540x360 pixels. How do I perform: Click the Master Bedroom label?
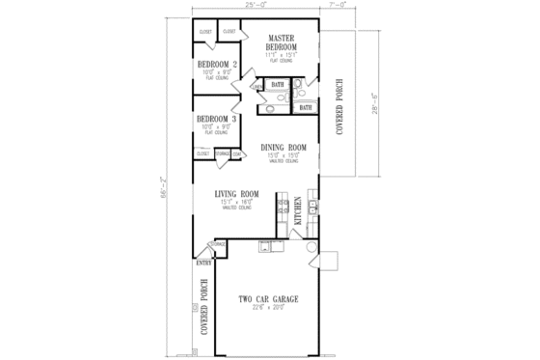pyautogui.click(x=282, y=42)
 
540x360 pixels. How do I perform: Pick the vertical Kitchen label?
pyautogui.click(x=298, y=210)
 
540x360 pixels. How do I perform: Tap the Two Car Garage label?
pyautogui.click(x=257, y=300)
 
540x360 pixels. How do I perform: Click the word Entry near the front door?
pyautogui.click(x=204, y=263)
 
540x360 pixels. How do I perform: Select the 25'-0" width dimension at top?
pyautogui.click(x=256, y=7)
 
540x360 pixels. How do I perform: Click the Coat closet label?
pyautogui.click(x=235, y=152)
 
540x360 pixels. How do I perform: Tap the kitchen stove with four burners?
pyautogui.click(x=282, y=203)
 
